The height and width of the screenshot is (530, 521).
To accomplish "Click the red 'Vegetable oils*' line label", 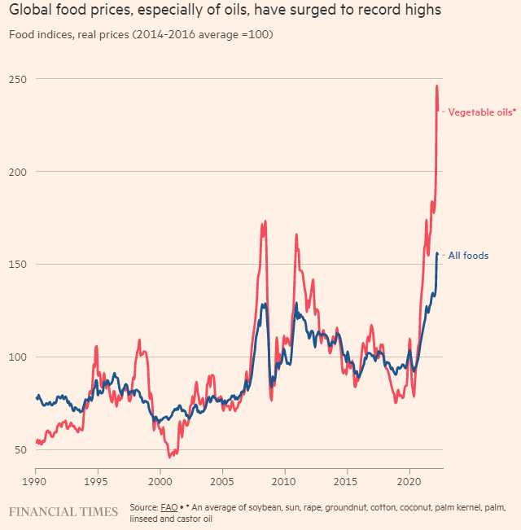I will point(482,112).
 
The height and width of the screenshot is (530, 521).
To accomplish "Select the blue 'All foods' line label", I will point(468,256).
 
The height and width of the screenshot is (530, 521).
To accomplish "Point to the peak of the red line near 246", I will point(437,85).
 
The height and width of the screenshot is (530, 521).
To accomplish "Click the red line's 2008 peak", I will point(265,221).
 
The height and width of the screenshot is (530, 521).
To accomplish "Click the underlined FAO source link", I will point(169,506).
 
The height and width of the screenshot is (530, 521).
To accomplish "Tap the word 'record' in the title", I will point(370,11).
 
